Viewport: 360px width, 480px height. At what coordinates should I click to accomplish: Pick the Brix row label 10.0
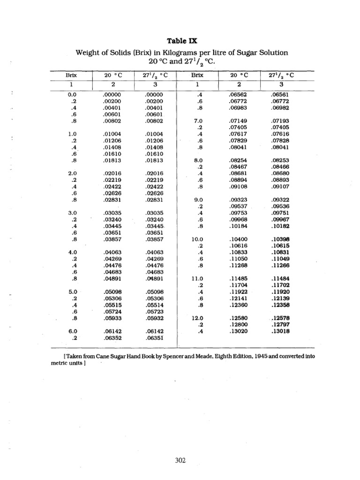pos(197,239)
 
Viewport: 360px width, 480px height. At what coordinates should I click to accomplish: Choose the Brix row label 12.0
pos(197,317)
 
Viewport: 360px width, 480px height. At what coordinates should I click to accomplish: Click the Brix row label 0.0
pos(72,95)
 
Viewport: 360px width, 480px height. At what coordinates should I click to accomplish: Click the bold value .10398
pos(280,239)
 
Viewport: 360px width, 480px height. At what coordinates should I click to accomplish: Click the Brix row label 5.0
pos(72,292)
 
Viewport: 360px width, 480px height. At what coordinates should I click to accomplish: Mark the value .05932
pos(153,317)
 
